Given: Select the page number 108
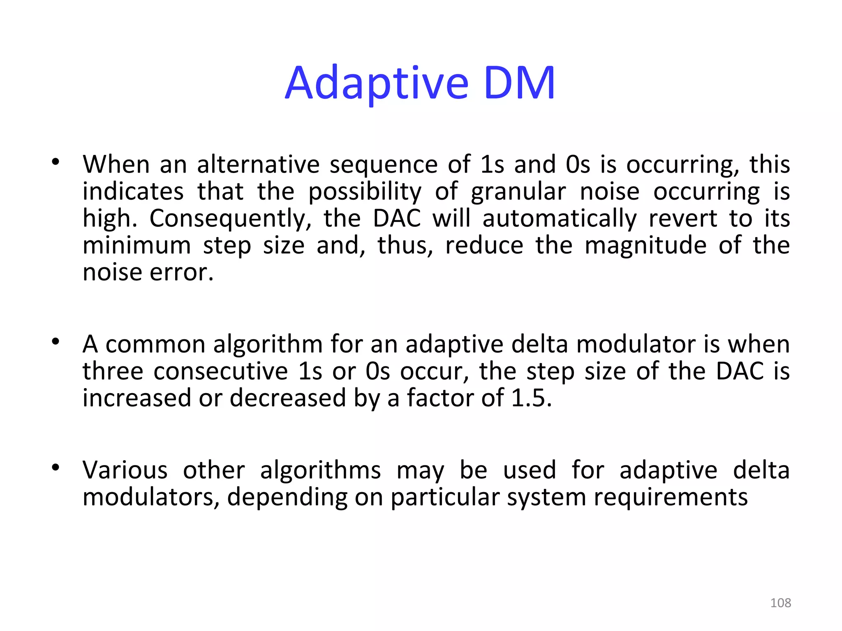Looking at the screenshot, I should pos(780,603).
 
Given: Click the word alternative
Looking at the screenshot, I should pos(258,164).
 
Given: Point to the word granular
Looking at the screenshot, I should pos(518,192).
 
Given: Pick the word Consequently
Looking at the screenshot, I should pos(230,219).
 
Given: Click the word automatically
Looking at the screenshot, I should pos(560,219).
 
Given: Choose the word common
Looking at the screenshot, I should pos(155,344).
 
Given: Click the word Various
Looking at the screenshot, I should pos(125,470).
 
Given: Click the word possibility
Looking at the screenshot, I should pos(365,192).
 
